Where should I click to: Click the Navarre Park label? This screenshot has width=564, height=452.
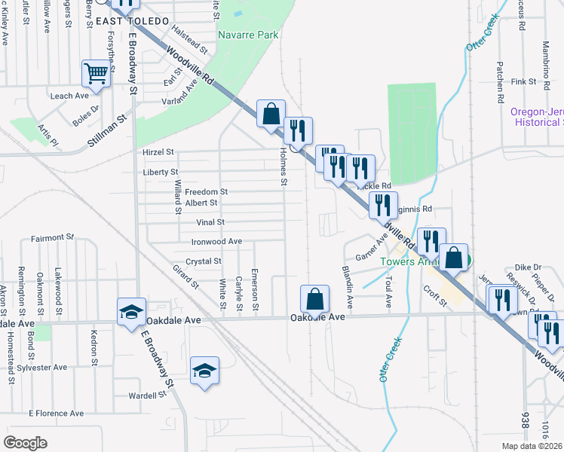pos(248,35)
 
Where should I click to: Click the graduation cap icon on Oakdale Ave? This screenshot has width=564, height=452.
pos(130,310)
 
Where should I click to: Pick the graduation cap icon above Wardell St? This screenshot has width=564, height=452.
pos(204,370)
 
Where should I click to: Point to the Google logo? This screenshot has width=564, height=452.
pos(25,443)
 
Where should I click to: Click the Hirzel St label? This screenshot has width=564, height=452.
pos(158,152)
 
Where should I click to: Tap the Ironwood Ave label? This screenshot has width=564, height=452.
pos(216,241)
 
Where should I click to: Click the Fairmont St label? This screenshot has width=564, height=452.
pos(52,238)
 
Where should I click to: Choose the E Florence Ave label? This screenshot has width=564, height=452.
pos(57,413)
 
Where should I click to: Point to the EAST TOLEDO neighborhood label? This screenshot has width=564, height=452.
pos(139,22)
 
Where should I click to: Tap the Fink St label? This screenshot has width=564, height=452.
pos(523,81)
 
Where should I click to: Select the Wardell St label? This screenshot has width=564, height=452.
pos(147,395)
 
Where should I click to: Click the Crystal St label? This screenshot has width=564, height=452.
pos(204,261)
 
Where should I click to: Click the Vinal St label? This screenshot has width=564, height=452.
pos(210,222)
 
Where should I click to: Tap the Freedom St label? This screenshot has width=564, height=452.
pos(206,192)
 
